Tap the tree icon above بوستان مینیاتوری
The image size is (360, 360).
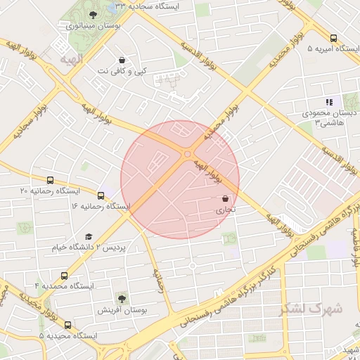(x=94, y=15)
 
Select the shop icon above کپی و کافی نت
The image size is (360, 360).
(x=123, y=60)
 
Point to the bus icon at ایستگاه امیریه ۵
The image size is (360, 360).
(x=333, y=39)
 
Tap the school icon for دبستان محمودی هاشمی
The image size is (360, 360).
(x=329, y=103)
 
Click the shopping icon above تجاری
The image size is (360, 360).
(x=225, y=199)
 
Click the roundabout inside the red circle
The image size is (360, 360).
(x=187, y=154)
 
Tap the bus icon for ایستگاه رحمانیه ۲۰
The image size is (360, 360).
(x=50, y=180)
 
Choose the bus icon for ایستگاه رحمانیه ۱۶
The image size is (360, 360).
(x=101, y=195)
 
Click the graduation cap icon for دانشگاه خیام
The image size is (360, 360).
(x=89, y=237)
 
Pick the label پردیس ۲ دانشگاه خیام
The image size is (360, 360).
(x=78, y=247)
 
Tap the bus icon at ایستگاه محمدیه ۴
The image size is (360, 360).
(x=65, y=276)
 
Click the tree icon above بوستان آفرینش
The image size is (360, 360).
(x=122, y=300)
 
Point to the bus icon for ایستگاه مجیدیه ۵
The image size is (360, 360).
(x=68, y=325)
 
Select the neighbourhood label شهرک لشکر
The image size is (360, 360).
(x=309, y=309)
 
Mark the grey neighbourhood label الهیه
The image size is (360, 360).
(x=72, y=58)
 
